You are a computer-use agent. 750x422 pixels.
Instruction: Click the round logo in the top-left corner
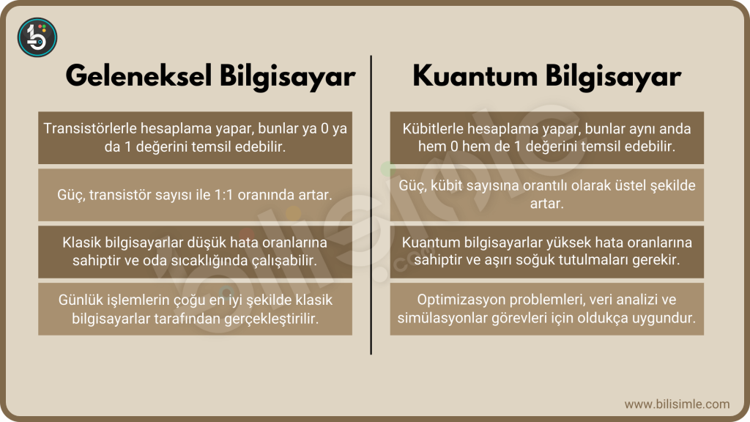pyautogui.click(x=37, y=37)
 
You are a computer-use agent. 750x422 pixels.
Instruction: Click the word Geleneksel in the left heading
pyautogui.click(x=138, y=76)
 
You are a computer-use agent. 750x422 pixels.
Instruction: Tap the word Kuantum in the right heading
pyautogui.click(x=475, y=76)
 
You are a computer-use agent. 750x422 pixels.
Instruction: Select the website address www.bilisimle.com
pyautogui.click(x=677, y=404)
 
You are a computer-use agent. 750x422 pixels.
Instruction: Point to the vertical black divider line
pyautogui.click(x=371, y=205)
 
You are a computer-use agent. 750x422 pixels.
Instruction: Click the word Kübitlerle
pyautogui.click(x=432, y=128)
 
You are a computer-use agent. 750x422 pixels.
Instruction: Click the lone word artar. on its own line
pyautogui.click(x=546, y=204)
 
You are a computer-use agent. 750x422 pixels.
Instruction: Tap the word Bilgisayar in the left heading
pyautogui.click(x=287, y=76)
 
